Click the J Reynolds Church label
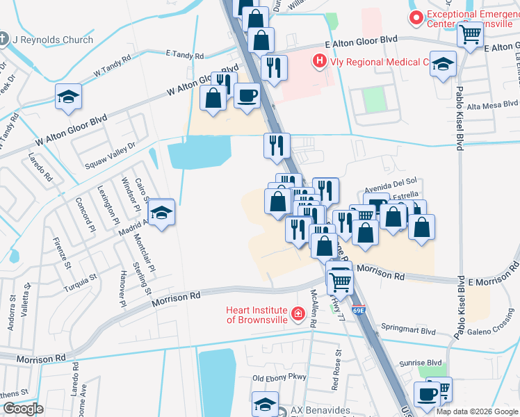tap(53, 40)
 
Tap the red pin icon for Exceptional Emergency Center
tap(416, 18)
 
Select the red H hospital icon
tap(319, 62)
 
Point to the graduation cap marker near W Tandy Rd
tap(68, 97)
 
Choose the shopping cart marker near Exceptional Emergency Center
tap(471, 33)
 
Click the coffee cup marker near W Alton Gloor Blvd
tap(247, 96)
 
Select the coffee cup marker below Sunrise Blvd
tap(427, 394)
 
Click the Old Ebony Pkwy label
tap(279, 378)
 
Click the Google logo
tap(24, 409)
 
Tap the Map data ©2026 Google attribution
tap(476, 411)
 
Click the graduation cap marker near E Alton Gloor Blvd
tap(443, 65)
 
